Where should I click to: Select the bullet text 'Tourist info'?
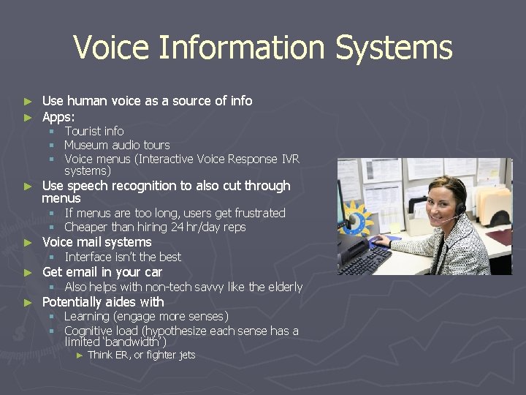pyautogui.click(x=94, y=131)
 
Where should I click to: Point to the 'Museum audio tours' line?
pyautogui.click(x=117, y=145)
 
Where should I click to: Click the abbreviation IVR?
pyautogui.click(x=290, y=159)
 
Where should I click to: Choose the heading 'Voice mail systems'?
pyautogui.click(x=96, y=242)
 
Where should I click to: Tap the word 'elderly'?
pyautogui.click(x=285, y=287)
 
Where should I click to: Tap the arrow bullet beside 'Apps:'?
pyautogui.click(x=28, y=117)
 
